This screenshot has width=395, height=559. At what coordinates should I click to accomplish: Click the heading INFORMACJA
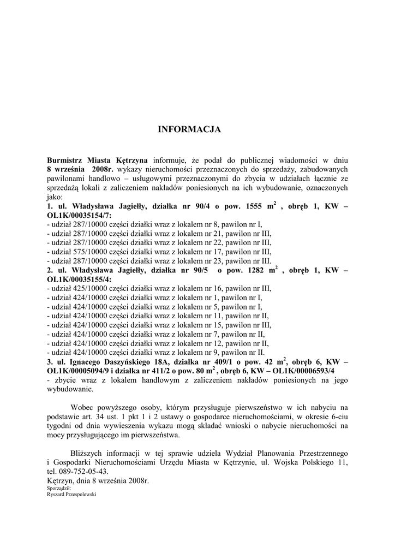[x=189, y=129]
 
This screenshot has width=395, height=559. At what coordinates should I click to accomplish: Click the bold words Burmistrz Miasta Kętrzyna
[x=97, y=160]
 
